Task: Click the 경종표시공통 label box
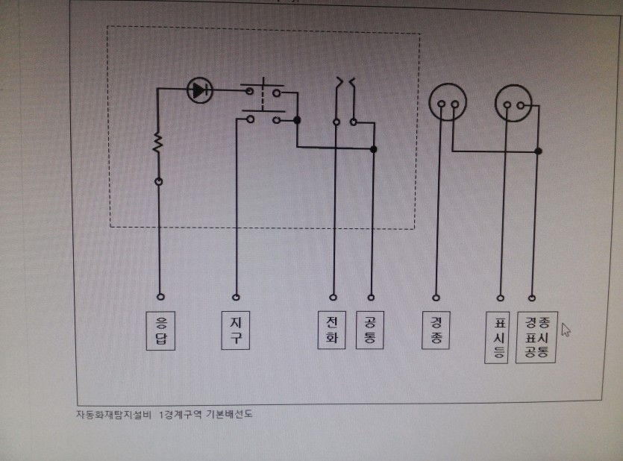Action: tap(536, 337)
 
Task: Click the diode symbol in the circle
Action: tap(198, 90)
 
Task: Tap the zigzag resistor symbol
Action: tap(158, 142)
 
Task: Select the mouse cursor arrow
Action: tap(565, 329)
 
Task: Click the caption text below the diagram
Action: tap(164, 414)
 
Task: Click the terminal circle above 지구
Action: tap(237, 295)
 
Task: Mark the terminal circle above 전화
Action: tap(333, 295)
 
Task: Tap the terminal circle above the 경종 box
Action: tap(437, 296)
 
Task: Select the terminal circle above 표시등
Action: tap(499, 296)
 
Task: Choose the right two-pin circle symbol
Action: tap(515, 102)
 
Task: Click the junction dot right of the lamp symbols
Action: tap(538, 151)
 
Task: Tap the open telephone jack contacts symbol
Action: tap(345, 82)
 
